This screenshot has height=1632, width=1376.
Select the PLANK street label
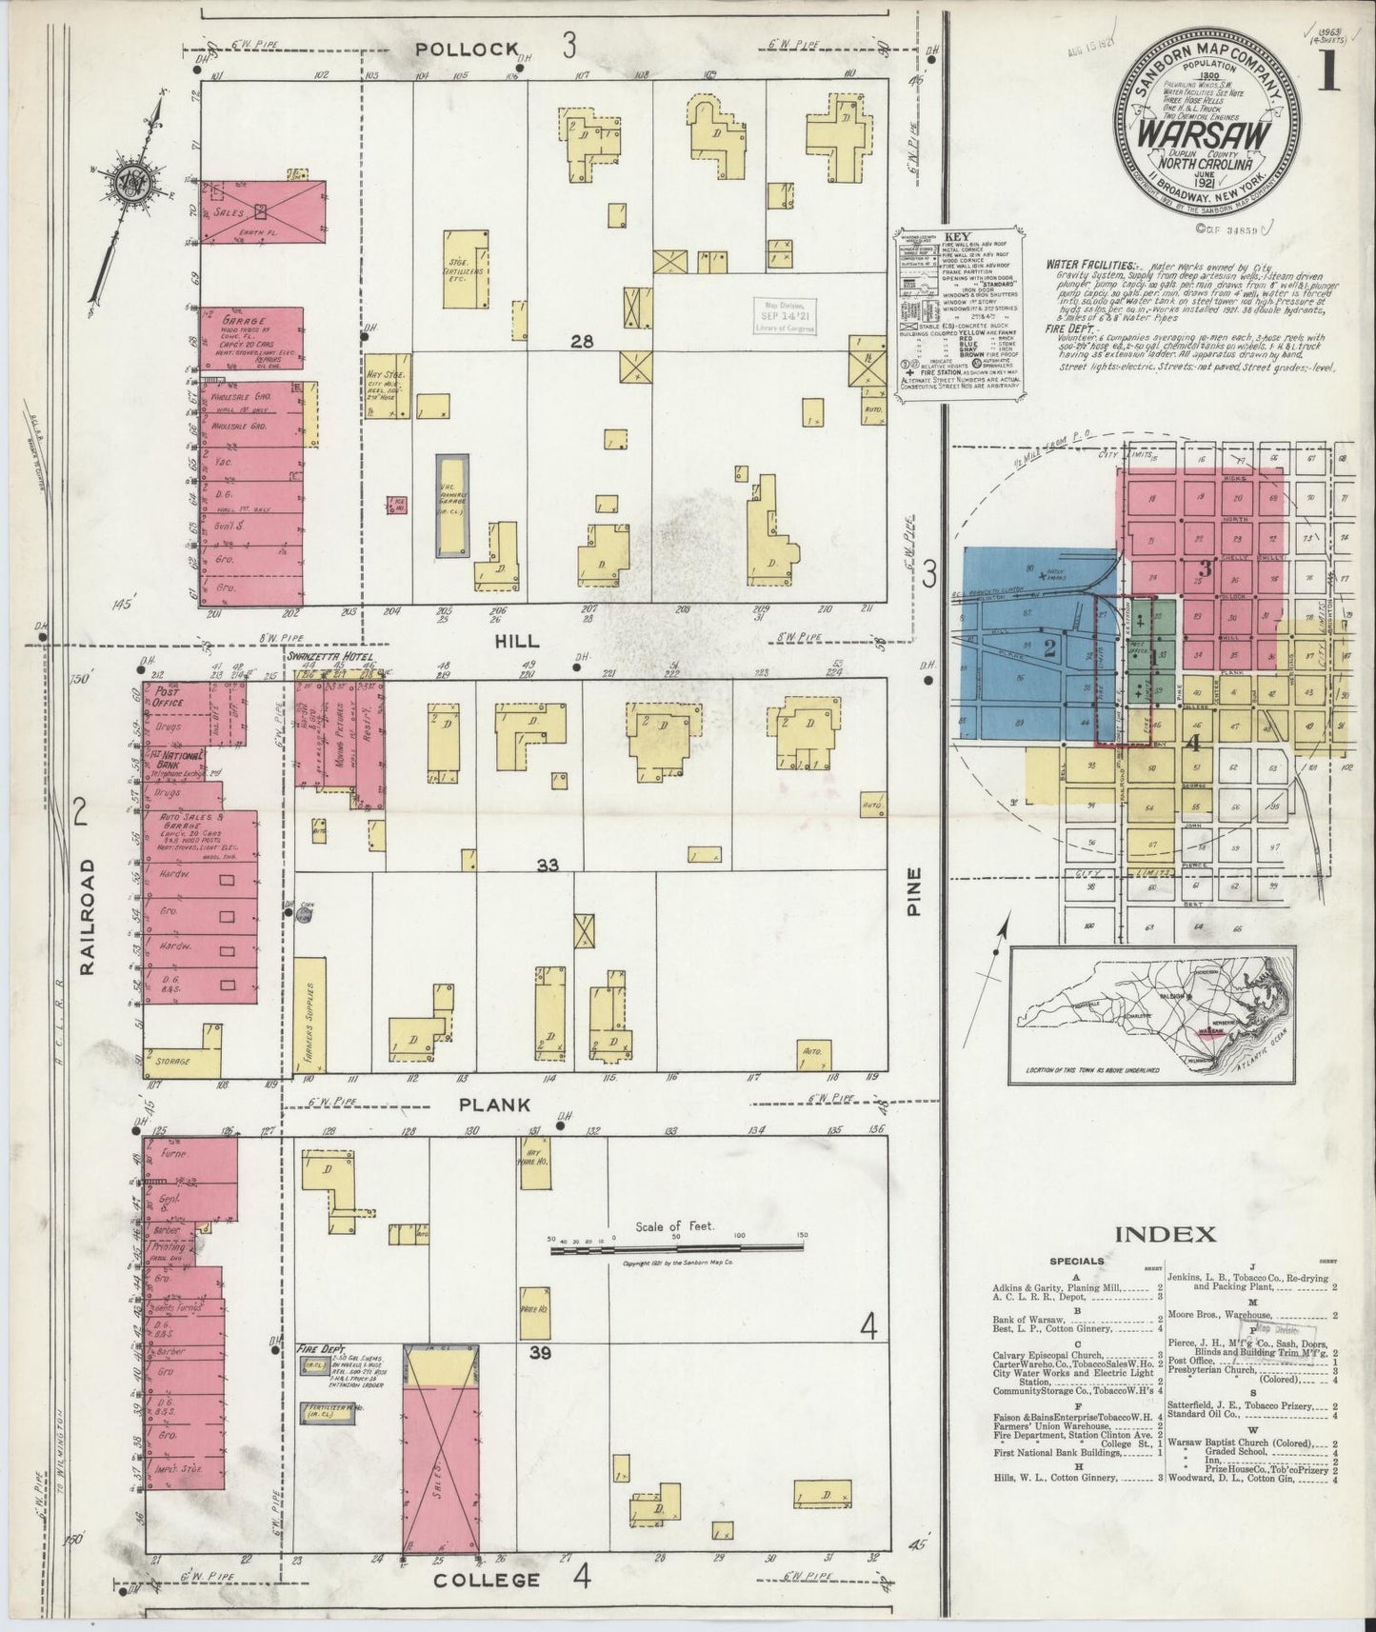494,1105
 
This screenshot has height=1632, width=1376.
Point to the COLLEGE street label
487,1581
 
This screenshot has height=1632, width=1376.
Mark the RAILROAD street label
90,915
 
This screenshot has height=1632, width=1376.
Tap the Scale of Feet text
673,1226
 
